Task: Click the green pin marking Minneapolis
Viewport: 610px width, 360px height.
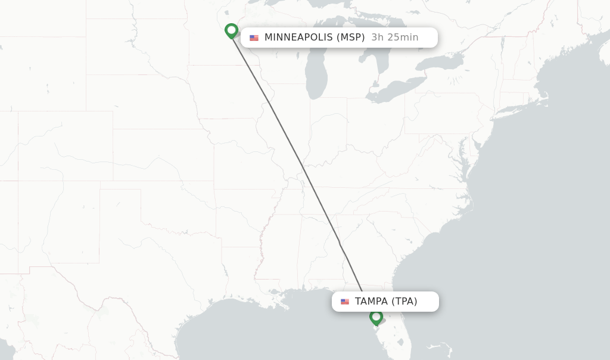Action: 231,30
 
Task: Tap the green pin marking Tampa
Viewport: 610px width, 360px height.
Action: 376,317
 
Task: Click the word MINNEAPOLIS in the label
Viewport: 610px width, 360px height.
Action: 298,38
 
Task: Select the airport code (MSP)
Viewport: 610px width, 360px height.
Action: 351,38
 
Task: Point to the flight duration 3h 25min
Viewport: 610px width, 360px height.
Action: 394,38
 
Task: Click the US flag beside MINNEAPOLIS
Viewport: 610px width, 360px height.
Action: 254,38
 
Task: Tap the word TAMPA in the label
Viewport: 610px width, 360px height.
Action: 371,302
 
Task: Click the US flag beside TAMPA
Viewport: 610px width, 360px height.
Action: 345,302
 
